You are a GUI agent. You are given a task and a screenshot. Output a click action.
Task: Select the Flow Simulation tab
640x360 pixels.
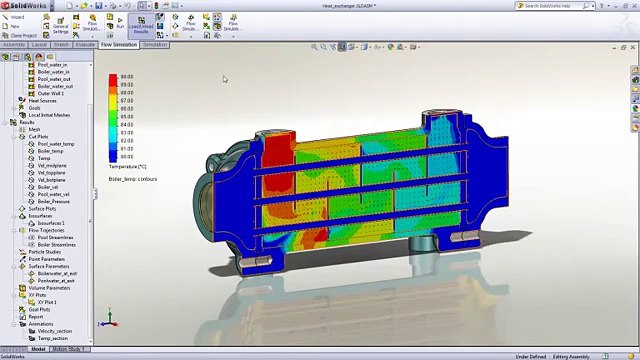119,45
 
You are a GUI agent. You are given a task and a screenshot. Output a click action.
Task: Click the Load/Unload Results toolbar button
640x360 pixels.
141,24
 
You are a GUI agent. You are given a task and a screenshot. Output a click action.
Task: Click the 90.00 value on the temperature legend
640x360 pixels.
127,77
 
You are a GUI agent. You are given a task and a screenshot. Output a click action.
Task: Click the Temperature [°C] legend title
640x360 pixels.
127,167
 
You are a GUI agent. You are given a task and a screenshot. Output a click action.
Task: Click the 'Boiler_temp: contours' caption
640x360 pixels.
132,179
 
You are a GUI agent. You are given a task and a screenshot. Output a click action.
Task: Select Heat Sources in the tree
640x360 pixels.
42,101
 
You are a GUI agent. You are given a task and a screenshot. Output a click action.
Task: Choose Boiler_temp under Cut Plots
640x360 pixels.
50,151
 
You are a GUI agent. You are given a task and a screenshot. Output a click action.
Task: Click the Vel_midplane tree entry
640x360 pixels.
52,165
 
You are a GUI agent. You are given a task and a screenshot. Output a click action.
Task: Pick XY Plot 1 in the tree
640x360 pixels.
47,302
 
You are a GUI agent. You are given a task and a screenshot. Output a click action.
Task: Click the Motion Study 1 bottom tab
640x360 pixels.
69,349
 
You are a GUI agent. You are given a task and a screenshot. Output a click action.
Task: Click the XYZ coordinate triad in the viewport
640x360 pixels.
110,322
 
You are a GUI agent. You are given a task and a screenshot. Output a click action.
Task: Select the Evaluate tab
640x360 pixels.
85,45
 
